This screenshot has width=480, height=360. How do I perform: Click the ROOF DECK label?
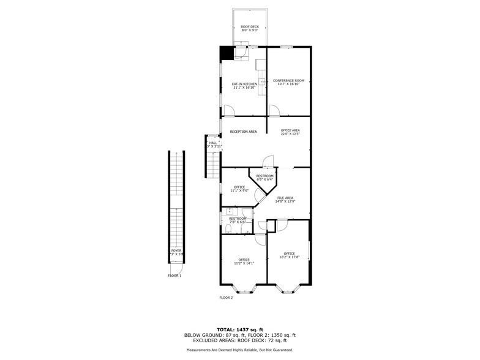tap(249, 28)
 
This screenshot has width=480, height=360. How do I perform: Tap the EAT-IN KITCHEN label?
tap(244, 86)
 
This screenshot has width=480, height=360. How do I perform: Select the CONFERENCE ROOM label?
tap(288, 83)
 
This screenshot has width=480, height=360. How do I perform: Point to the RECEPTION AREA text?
tap(243, 132)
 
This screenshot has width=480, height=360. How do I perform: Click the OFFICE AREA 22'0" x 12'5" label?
tap(290, 132)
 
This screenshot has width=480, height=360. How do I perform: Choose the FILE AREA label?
tap(285, 200)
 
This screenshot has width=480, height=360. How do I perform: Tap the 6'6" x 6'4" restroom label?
tap(264, 178)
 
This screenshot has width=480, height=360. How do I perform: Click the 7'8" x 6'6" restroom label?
tap(238, 220)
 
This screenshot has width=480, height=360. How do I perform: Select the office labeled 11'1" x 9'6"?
tap(238, 189)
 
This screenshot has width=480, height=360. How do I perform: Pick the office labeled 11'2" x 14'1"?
tap(244, 261)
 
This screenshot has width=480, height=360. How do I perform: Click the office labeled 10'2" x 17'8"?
tap(289, 255)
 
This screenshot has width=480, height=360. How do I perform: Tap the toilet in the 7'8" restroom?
tap(227, 230)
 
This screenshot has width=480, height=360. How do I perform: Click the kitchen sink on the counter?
tap(261, 81)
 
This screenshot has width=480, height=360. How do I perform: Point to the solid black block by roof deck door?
tap(227, 53)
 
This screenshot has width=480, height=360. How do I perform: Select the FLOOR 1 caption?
tap(175, 276)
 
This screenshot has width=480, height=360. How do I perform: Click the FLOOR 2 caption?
tap(226, 298)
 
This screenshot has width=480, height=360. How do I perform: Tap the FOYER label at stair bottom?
tap(176, 252)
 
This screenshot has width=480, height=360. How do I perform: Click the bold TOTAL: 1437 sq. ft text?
tap(240, 329)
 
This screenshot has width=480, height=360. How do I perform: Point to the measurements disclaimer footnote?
tap(240, 350)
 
